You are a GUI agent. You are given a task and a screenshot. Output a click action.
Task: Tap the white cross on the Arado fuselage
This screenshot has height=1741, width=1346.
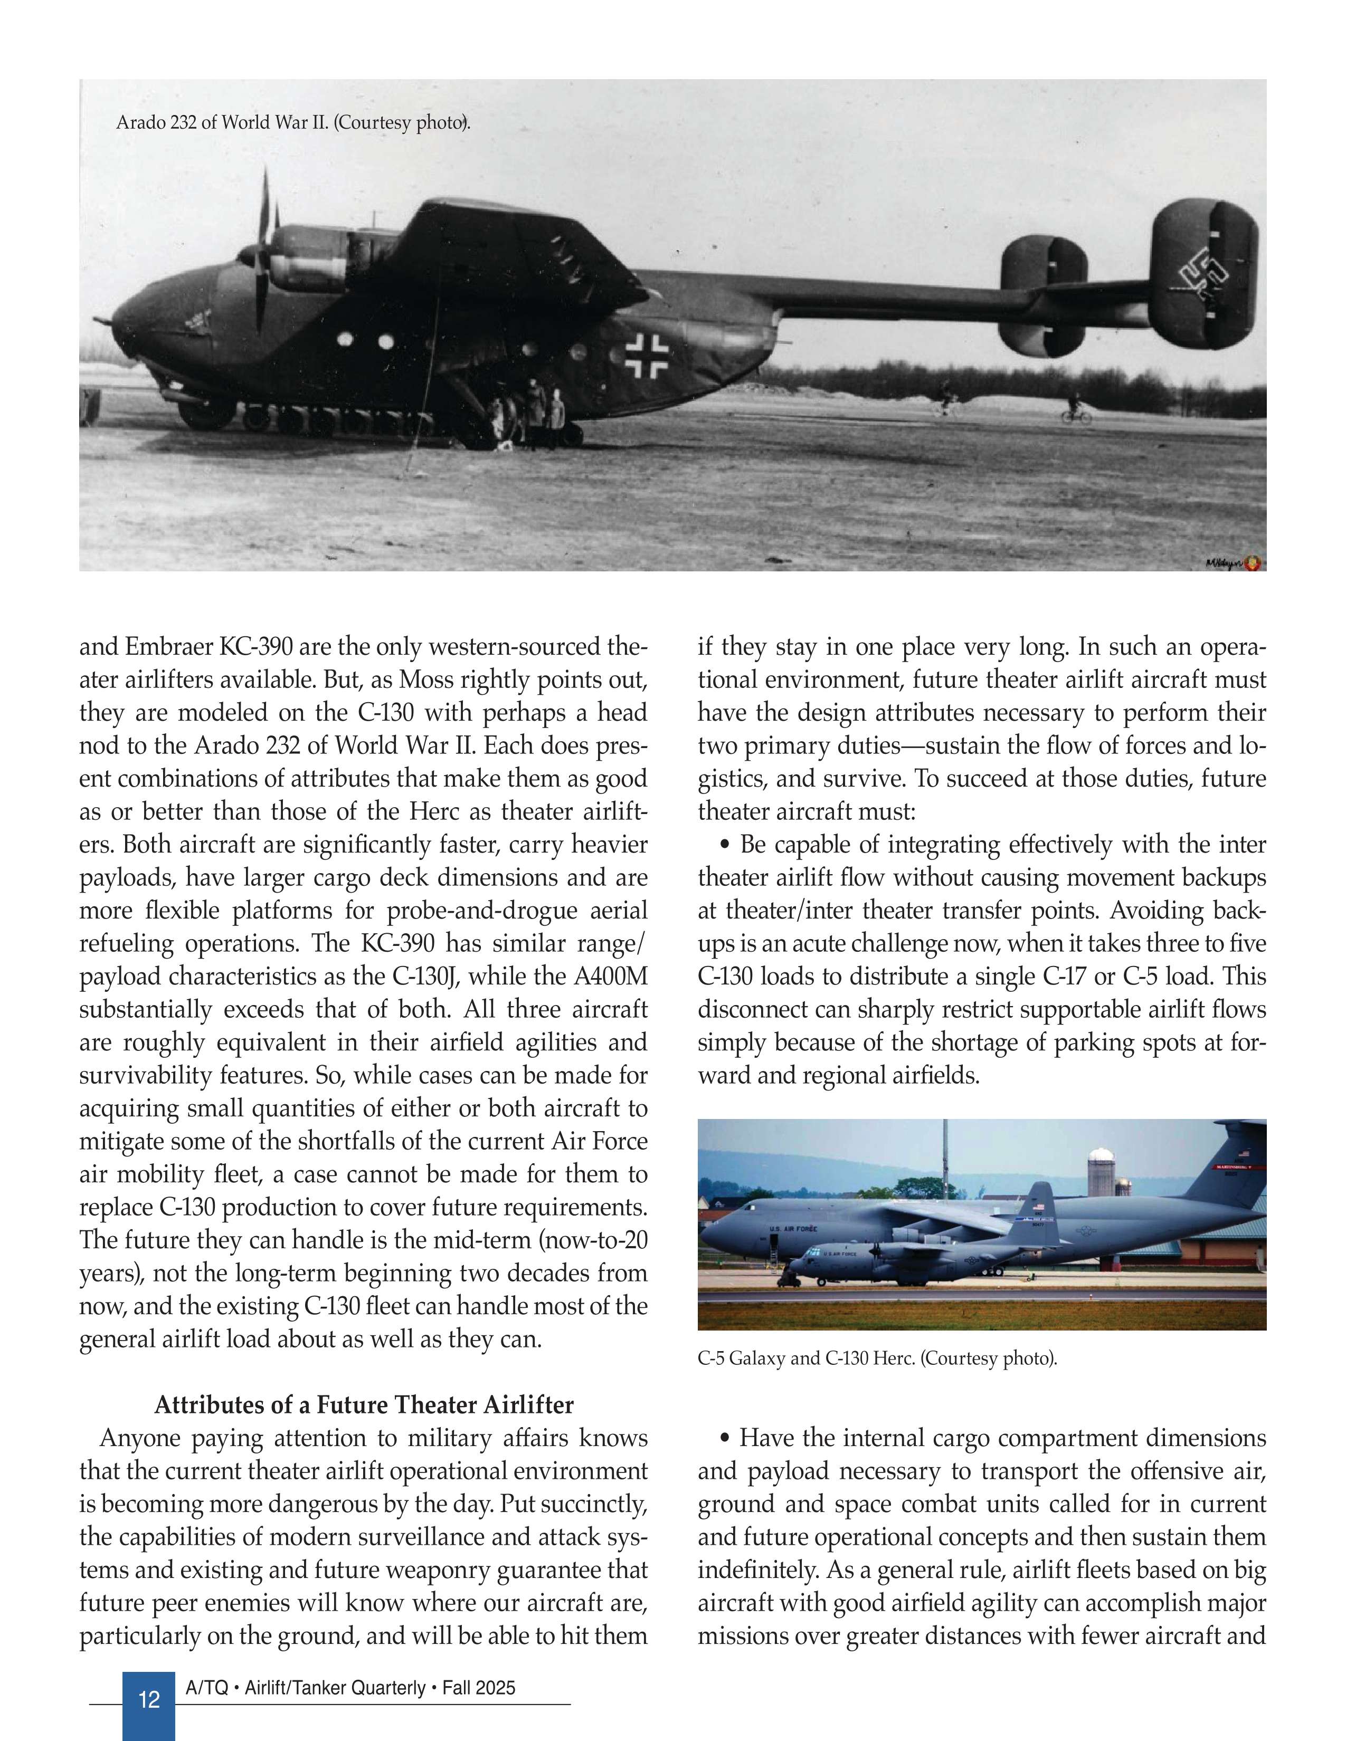point(647,354)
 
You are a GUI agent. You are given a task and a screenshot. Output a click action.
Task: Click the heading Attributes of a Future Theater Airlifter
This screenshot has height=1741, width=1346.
point(364,1404)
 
